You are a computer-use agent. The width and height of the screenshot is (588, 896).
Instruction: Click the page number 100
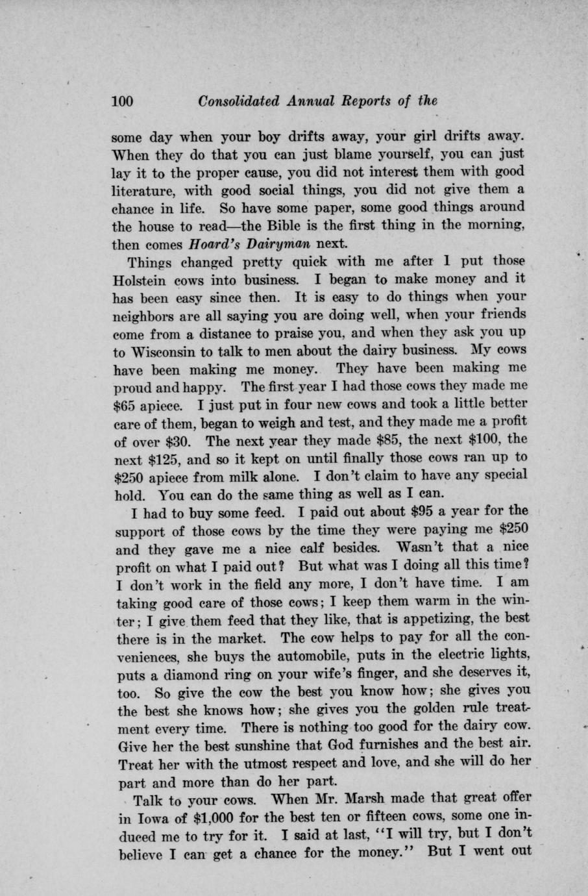123,101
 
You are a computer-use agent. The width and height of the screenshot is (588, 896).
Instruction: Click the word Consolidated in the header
238,101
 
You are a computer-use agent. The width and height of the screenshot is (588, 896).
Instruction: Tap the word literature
143,191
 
